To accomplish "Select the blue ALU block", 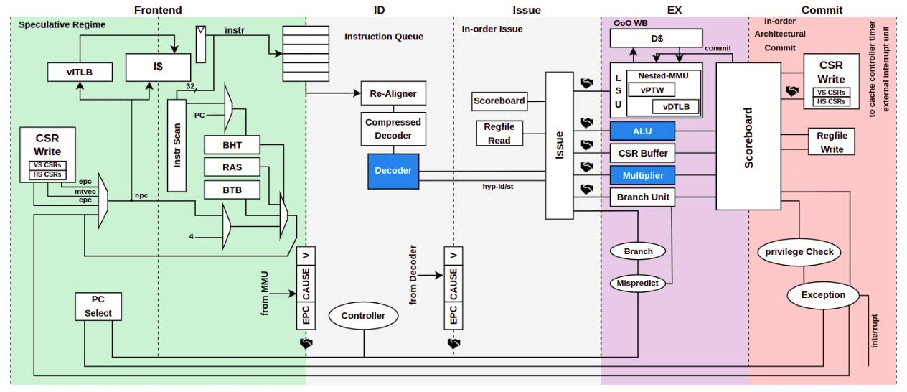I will tap(642, 131).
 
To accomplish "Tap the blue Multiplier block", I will tap(642, 174).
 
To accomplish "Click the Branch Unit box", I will tap(642, 196).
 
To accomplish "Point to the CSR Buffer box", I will tap(642, 153).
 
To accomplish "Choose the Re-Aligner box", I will tap(393, 94).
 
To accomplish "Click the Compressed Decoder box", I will tap(393, 129).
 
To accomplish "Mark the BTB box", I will tap(231, 190).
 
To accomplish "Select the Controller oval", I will tap(363, 315).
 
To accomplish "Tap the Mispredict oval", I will tap(638, 284).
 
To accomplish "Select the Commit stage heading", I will tap(822, 10).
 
